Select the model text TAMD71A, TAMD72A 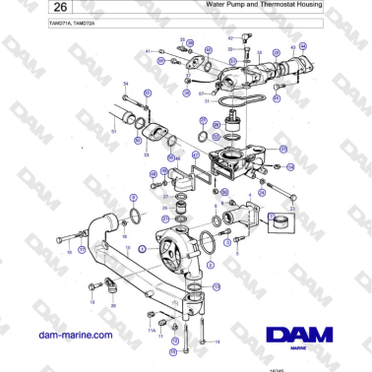[45, 21]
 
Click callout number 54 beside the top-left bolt [125, 83]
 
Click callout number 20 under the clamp [112, 305]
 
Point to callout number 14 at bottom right [205, 341]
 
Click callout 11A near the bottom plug [151, 331]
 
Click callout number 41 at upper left [149, 50]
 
